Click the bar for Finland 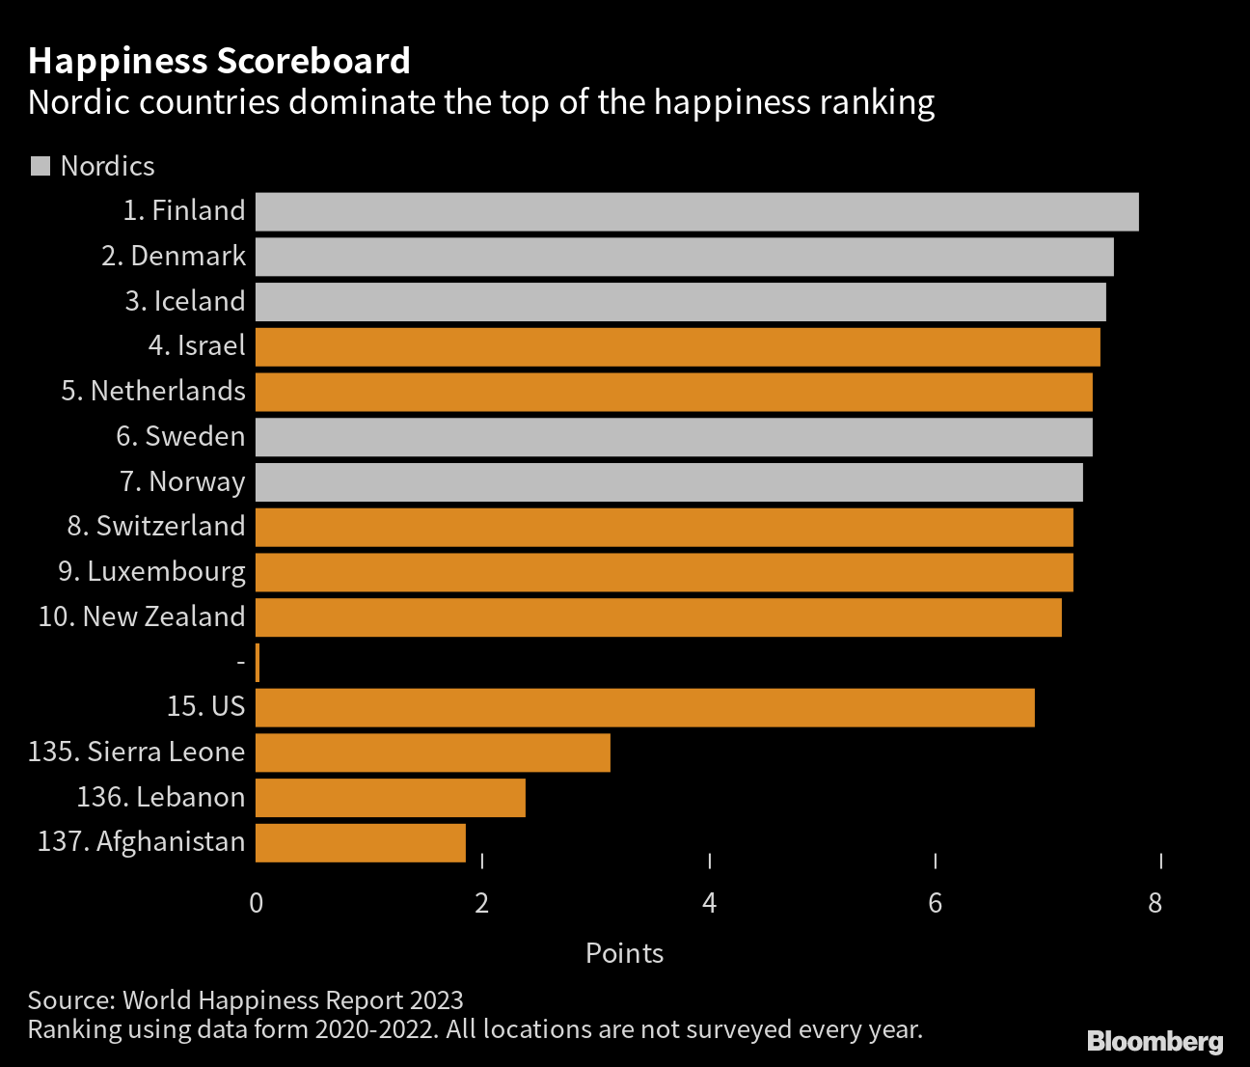click(x=696, y=211)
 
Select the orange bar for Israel click(x=677, y=346)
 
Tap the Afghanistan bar click(x=360, y=842)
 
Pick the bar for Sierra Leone click(x=432, y=752)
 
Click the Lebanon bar click(x=390, y=798)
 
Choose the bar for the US click(x=644, y=707)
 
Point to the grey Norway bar click(x=668, y=481)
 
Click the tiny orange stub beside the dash click(x=258, y=662)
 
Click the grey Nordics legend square click(x=41, y=166)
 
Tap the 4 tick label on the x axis click(x=710, y=903)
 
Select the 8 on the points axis click(x=1155, y=903)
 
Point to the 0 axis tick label click(x=256, y=903)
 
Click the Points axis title click(x=624, y=953)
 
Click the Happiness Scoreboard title click(x=219, y=61)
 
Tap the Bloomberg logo click(x=1155, y=1041)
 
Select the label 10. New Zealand click(x=142, y=616)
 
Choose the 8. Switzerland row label click(x=156, y=526)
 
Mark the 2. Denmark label click(x=174, y=256)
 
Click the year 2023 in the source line click(x=436, y=1000)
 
